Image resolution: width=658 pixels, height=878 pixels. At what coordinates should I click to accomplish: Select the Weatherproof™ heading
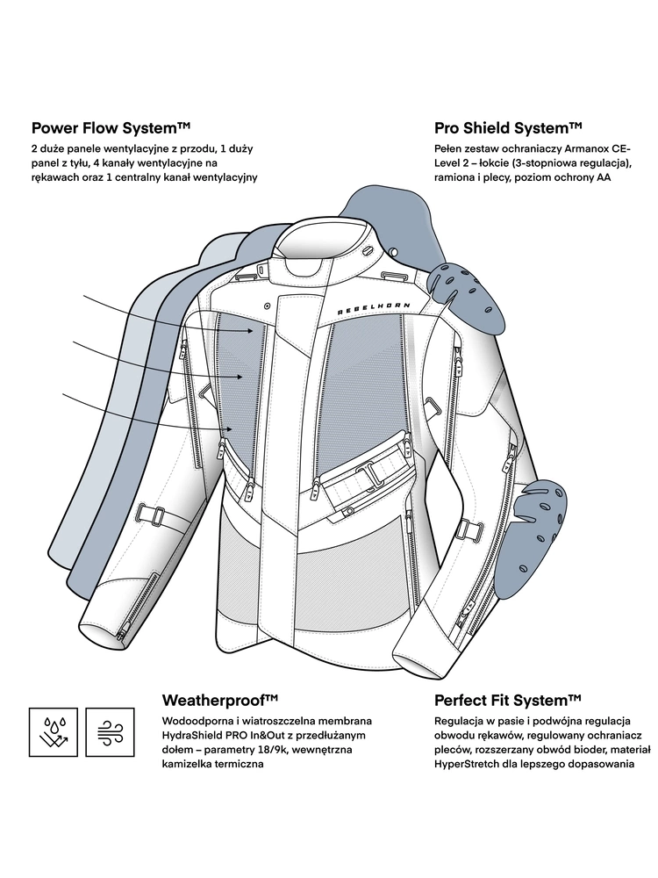pos(220,699)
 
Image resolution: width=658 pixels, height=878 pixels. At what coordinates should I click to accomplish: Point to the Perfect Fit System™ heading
pos(508,699)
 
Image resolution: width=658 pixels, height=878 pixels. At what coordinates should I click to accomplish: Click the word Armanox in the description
pos(578,149)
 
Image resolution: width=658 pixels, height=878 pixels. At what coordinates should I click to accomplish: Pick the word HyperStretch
pos(469,764)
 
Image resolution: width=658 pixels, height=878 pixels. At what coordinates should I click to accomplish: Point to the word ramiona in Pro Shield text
pos(456,177)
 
